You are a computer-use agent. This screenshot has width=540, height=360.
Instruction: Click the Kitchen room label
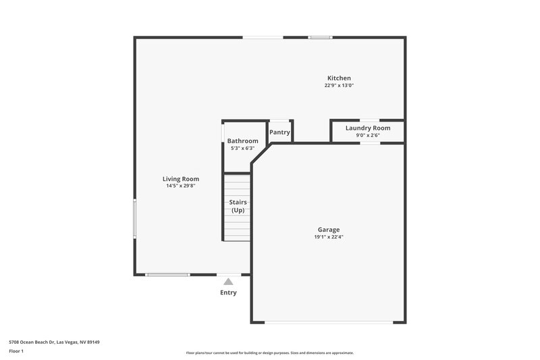(339, 78)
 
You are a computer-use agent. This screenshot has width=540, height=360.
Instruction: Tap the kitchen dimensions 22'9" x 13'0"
(339, 86)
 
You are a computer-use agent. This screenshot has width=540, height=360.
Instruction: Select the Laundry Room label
(368, 128)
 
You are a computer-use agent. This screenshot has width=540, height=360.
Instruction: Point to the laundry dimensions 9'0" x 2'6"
(368, 135)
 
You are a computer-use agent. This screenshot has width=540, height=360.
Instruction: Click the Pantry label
(279, 132)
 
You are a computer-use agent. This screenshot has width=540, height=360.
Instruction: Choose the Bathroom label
(242, 140)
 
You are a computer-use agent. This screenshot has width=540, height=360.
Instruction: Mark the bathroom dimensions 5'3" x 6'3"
(242, 148)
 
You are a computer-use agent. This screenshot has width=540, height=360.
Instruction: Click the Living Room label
(181, 179)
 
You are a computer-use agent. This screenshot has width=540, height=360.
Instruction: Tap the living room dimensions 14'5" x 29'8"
(181, 186)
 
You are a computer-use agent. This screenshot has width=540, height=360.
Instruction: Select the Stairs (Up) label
(238, 206)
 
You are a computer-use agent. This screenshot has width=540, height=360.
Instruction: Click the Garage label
(329, 230)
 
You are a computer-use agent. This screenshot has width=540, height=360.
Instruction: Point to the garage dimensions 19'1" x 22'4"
(329, 237)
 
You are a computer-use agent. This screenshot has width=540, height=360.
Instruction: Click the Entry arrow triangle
(228, 282)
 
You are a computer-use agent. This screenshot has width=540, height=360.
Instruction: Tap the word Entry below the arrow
(228, 293)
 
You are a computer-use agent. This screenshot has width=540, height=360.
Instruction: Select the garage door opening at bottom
(329, 322)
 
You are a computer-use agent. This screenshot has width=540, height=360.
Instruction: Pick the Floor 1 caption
(17, 351)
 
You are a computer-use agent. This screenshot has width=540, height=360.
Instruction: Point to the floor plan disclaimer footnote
(269, 353)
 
